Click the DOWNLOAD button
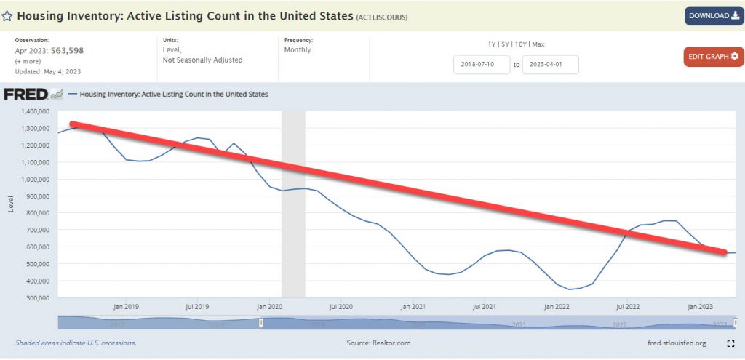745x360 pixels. tap(714, 15)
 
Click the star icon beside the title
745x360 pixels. tap(7, 15)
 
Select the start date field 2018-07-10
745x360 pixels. tap(481, 65)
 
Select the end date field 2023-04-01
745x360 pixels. tap(550, 65)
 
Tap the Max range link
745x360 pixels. tap(538, 44)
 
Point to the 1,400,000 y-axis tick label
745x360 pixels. tap(33, 112)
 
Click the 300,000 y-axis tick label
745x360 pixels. tap(36, 298)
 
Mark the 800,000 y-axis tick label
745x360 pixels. tap(36, 213)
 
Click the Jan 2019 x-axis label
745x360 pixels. tap(126, 307)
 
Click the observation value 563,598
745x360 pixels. tap(67, 50)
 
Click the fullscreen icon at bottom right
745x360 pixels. tap(730, 343)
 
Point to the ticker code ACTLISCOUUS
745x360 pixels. tap(383, 16)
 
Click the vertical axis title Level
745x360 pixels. tap(11, 204)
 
